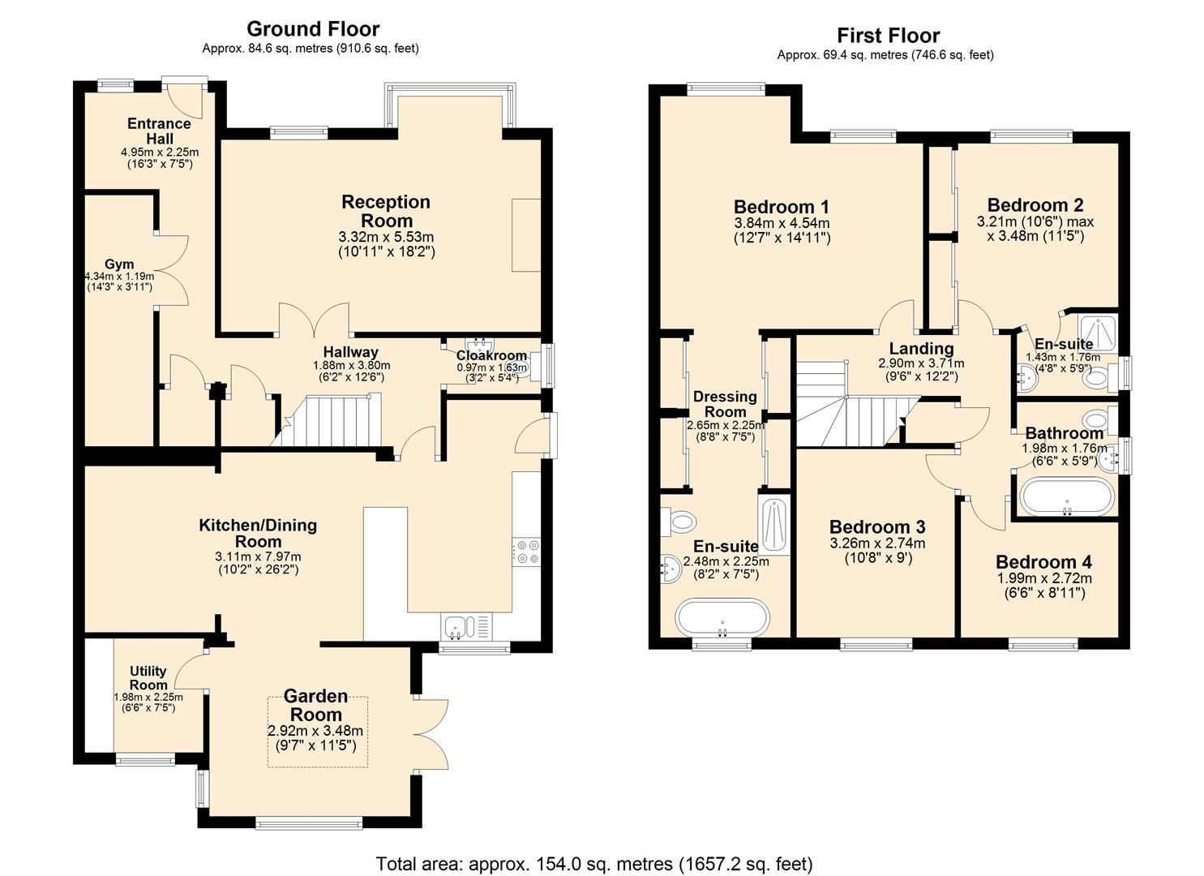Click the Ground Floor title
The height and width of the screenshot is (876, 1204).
pyautogui.click(x=312, y=29)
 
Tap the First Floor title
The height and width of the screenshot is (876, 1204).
pyautogui.click(x=888, y=36)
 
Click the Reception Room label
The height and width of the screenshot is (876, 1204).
pyautogui.click(x=386, y=211)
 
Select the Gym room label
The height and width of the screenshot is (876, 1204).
pyautogui.click(x=119, y=264)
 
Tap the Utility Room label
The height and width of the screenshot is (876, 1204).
pyautogui.click(x=148, y=678)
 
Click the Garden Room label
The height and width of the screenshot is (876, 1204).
pyautogui.click(x=315, y=706)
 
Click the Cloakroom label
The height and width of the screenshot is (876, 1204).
pyautogui.click(x=491, y=355)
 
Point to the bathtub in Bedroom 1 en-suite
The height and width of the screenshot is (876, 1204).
pyautogui.click(x=720, y=618)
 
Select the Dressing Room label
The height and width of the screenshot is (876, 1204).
pyautogui.click(x=725, y=404)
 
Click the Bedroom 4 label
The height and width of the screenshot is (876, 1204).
pyautogui.click(x=1043, y=562)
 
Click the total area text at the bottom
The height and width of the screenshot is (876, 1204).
pyautogui.click(x=593, y=863)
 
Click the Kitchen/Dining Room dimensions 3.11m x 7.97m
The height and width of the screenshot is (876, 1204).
pyautogui.click(x=259, y=556)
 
